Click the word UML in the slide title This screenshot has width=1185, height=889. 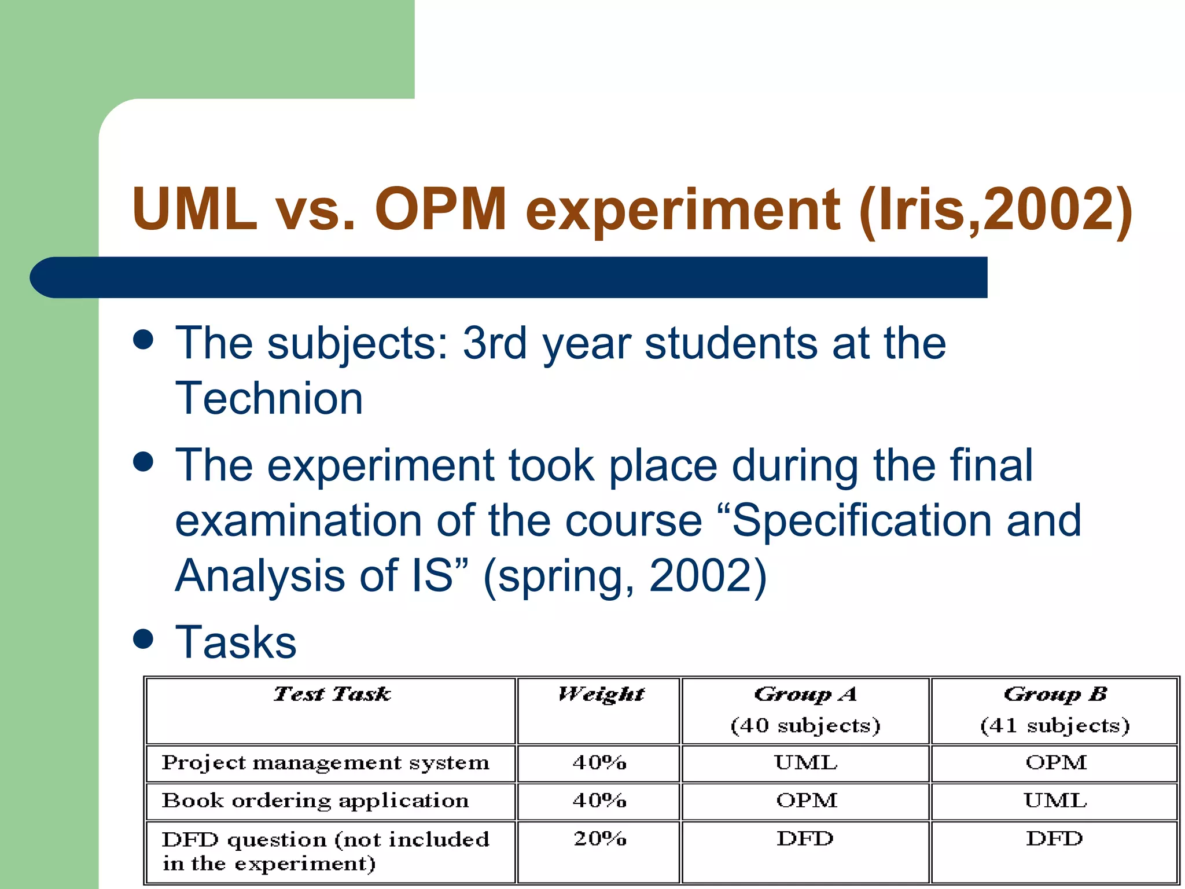point(194,209)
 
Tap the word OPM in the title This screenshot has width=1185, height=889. point(441,209)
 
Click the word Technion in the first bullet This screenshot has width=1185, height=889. point(269,399)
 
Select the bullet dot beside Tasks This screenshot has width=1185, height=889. point(143,639)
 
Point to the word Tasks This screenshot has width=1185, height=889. point(236,642)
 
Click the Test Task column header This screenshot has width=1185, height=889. point(332,694)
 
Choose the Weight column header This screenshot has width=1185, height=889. point(600,694)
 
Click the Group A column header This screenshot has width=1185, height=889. point(805,694)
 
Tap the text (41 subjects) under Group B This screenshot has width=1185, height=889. point(1054,726)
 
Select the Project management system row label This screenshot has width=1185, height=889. point(325,763)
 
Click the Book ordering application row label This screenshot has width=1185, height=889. point(315,801)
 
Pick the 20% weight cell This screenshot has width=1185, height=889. point(600,839)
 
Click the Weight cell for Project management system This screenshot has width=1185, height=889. point(600,763)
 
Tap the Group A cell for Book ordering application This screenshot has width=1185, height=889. point(806,801)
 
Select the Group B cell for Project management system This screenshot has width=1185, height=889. point(1055,763)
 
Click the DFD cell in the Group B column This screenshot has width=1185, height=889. point(1054,839)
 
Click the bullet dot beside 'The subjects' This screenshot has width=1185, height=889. point(143,340)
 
